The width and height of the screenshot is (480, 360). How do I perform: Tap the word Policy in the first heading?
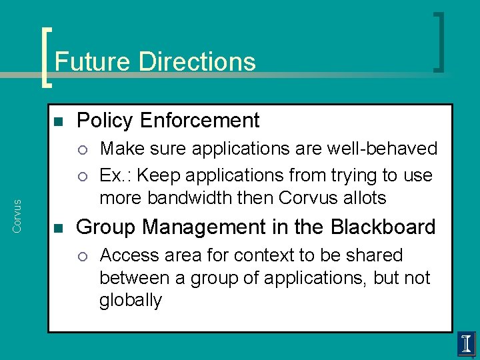coord(100,121)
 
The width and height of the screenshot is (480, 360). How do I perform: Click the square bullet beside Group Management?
coord(57,229)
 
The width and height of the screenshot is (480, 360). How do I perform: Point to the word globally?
coord(130,301)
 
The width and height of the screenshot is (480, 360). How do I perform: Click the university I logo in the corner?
coord(466,344)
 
